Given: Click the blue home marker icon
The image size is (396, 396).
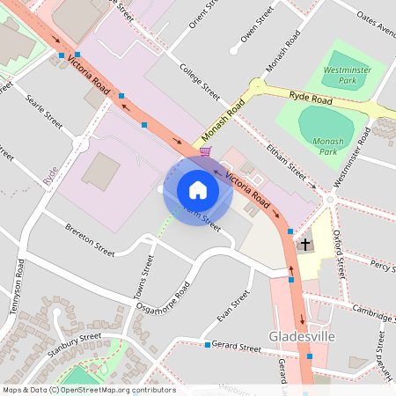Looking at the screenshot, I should [x=197, y=190].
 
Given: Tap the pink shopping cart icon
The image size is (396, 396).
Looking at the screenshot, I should [x=205, y=151].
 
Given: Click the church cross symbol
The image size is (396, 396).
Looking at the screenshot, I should [x=306, y=244].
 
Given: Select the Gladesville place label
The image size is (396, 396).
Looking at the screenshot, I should [x=298, y=336].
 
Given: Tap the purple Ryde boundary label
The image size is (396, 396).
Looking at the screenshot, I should [x=50, y=175].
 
